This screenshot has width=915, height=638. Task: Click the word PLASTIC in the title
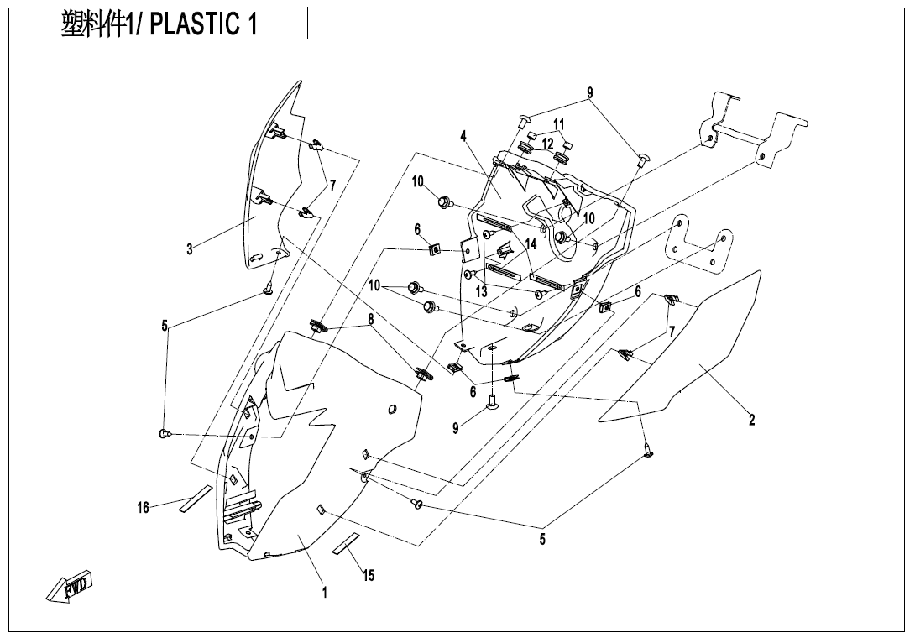point(195,24)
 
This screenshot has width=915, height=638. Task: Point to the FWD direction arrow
point(71,586)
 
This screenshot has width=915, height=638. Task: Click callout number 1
point(324,593)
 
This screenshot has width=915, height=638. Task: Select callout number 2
point(752,420)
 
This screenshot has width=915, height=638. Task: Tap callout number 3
point(190,248)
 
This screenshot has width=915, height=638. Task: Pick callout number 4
point(463,136)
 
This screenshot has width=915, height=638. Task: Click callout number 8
point(370,319)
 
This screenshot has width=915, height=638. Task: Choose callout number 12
point(547,144)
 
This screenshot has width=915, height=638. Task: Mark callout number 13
point(481,292)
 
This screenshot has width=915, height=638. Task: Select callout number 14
point(531,244)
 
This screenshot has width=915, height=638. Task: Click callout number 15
point(369,575)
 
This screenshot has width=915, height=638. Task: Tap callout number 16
point(144,507)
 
